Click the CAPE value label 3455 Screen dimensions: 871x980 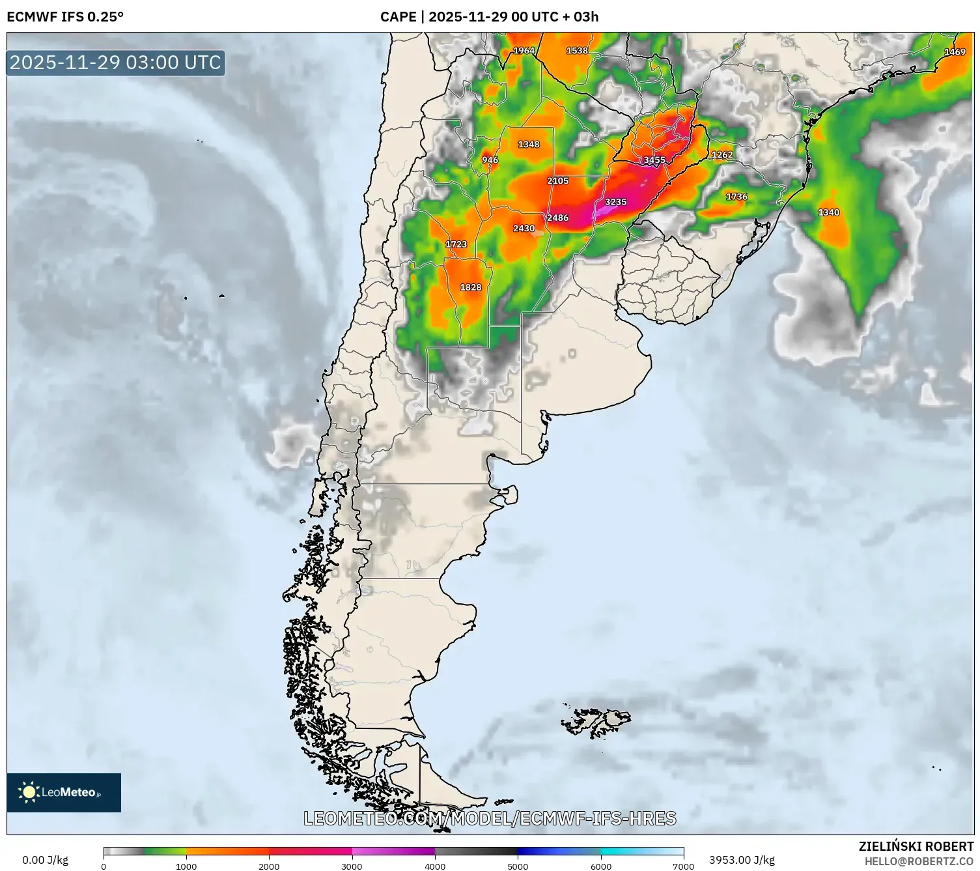click(x=654, y=160)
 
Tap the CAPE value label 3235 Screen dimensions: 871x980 click(x=615, y=202)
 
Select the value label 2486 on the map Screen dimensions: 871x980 click(x=557, y=218)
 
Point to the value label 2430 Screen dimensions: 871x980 click(x=524, y=229)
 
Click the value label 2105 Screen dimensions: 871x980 click(x=557, y=181)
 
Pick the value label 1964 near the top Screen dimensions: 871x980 click(x=524, y=51)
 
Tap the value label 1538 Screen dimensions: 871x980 click(x=577, y=51)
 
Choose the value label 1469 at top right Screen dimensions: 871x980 click(x=955, y=52)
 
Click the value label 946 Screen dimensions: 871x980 click(x=490, y=160)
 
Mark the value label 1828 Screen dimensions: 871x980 click(x=470, y=287)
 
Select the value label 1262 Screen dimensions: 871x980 click(x=721, y=155)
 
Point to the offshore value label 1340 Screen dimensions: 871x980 click(x=828, y=213)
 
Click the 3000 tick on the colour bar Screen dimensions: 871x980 click(x=352, y=866)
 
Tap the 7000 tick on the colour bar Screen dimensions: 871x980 click(x=684, y=866)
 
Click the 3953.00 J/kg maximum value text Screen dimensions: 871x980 click(x=742, y=860)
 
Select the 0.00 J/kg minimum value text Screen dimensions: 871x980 click(x=45, y=860)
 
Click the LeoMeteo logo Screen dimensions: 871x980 click(x=64, y=792)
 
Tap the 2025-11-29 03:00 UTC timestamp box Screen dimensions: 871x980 click(x=116, y=63)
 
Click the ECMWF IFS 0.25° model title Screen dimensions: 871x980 click(x=65, y=16)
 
